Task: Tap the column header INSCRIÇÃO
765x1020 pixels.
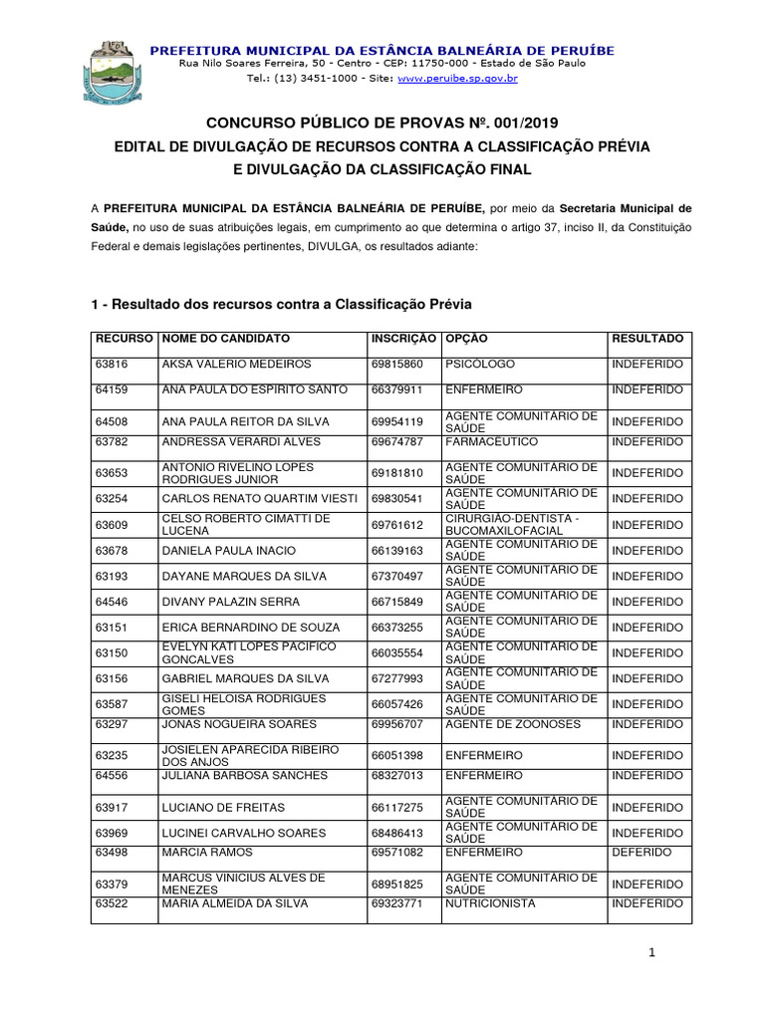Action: coord(402,339)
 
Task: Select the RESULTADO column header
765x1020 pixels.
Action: coord(647,339)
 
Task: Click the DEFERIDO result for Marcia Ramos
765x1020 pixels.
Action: coord(641,853)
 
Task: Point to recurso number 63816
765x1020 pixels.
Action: coord(112,365)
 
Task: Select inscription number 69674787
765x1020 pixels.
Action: coord(396,441)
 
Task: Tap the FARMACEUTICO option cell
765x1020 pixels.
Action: coord(491,441)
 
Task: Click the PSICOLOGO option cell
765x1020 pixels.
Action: coord(480,365)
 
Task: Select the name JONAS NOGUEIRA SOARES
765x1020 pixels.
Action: coord(239,724)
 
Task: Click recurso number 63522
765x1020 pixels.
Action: coord(112,903)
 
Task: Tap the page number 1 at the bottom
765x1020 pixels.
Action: coord(651,954)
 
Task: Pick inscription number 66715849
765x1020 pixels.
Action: coord(396,602)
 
